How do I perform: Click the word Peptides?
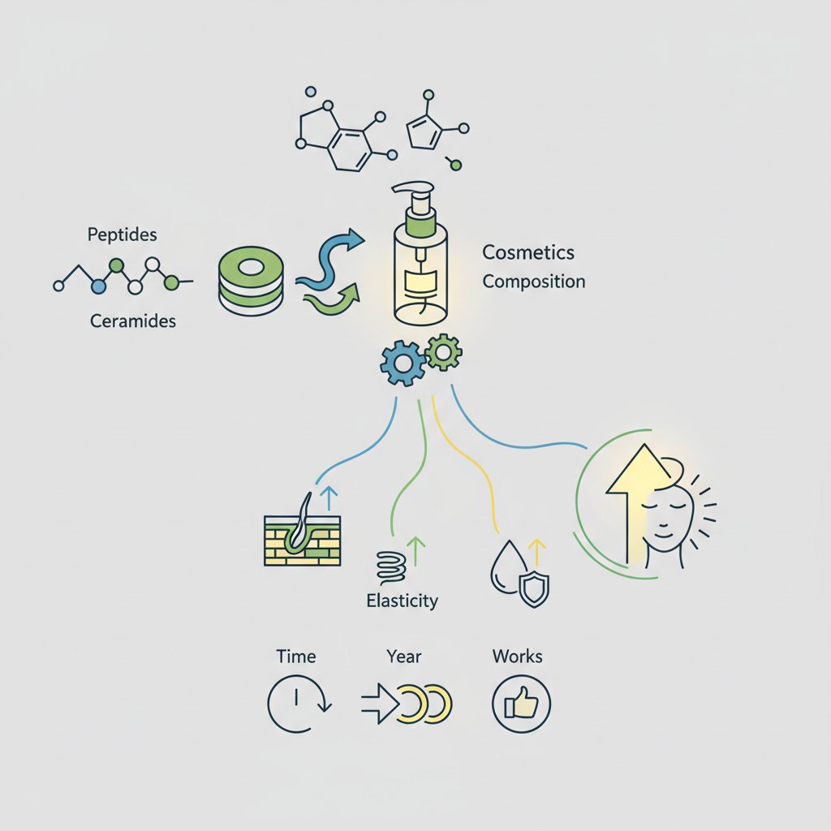click(x=122, y=235)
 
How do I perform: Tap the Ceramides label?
click(x=133, y=321)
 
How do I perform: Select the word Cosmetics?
click(x=528, y=252)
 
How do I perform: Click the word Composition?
click(x=533, y=282)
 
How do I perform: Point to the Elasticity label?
click(x=403, y=601)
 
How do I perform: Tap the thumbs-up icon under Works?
click(x=521, y=703)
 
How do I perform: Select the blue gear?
click(x=401, y=363)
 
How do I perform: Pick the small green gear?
click(x=444, y=352)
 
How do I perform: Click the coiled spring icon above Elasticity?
click(x=390, y=565)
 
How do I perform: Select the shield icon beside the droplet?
click(x=533, y=588)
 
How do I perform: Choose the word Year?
click(x=404, y=656)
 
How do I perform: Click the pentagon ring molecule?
click(x=424, y=131)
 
